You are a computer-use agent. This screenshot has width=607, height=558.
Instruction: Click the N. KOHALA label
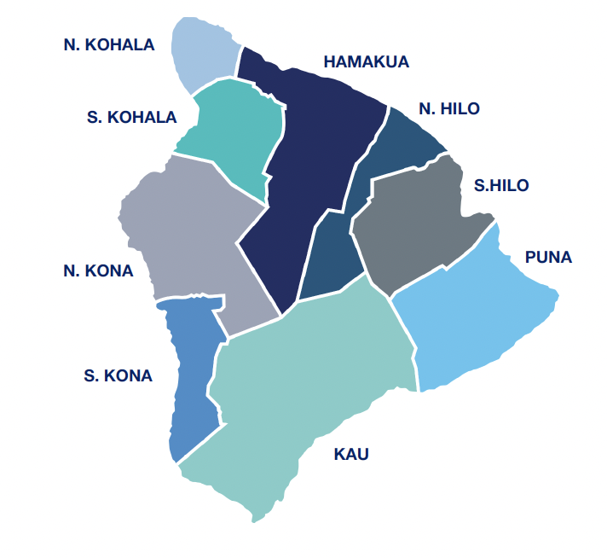tap(109, 44)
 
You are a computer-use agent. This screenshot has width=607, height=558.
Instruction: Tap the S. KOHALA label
tap(131, 118)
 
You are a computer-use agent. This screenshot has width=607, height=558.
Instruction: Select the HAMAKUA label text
tap(367, 61)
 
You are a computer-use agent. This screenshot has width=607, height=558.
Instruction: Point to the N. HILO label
tap(449, 108)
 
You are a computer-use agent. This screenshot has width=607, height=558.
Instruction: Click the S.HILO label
tap(501, 185)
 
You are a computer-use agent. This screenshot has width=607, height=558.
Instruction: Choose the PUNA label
tap(548, 257)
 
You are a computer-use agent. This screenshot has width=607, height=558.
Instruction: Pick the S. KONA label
tap(118, 375)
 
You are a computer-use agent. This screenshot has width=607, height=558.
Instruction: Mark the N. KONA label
tap(98, 271)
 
